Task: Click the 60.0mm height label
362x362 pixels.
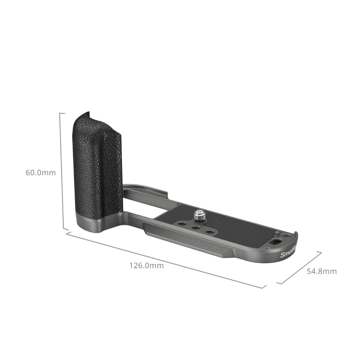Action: click(x=41, y=173)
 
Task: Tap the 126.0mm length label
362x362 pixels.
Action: click(x=146, y=265)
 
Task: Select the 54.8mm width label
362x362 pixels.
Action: click(x=321, y=271)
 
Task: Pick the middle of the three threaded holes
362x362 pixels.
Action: click(x=195, y=228)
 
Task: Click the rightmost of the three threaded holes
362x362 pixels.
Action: click(x=210, y=232)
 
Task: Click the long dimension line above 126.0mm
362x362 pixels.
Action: click(x=166, y=260)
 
